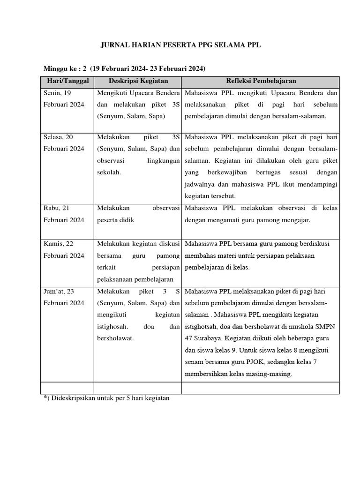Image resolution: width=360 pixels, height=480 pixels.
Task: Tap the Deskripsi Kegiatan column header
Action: pos(138,81)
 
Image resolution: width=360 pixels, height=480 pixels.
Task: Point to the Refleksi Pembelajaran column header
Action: pos(261,81)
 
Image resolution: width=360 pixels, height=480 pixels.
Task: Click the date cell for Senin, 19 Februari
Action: pos(64,98)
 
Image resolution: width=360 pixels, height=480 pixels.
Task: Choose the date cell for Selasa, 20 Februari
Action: pos(64,142)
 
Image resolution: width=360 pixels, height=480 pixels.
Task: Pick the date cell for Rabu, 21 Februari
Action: pos(64,214)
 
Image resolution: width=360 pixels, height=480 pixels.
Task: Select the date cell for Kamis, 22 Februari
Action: pos(64,249)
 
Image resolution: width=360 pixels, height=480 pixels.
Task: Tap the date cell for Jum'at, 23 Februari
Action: pos(64,297)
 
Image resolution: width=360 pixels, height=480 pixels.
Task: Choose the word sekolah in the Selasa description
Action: pos(109,172)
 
